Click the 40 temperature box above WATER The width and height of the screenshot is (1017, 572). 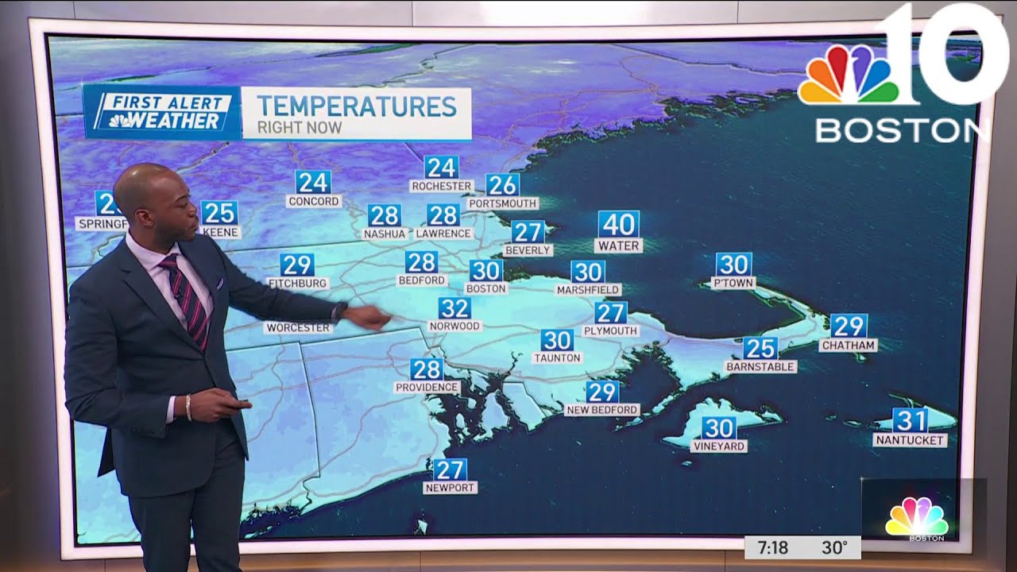point(618,224)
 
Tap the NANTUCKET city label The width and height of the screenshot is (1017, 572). point(910,439)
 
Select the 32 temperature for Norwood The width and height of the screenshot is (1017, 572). point(454,307)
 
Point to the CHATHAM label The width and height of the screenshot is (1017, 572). point(849,346)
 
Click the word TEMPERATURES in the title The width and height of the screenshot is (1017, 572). point(357,106)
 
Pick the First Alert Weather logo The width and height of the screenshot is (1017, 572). point(163,112)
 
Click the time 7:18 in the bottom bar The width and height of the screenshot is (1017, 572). point(772,547)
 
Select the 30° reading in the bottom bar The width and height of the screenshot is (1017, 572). point(834,547)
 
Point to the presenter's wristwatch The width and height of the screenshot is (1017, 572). point(341,310)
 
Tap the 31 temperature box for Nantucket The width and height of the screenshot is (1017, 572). point(910,420)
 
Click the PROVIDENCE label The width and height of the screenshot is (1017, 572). point(427,388)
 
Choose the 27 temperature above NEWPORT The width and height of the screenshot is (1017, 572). point(450,470)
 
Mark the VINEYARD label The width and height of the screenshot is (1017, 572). point(718,446)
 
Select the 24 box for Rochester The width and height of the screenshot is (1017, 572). point(441,167)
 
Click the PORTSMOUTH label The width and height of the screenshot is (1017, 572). point(502,203)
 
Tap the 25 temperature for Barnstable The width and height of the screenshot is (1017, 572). point(760,348)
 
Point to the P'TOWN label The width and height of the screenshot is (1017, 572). point(733,283)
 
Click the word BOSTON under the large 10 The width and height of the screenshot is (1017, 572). point(902,130)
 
